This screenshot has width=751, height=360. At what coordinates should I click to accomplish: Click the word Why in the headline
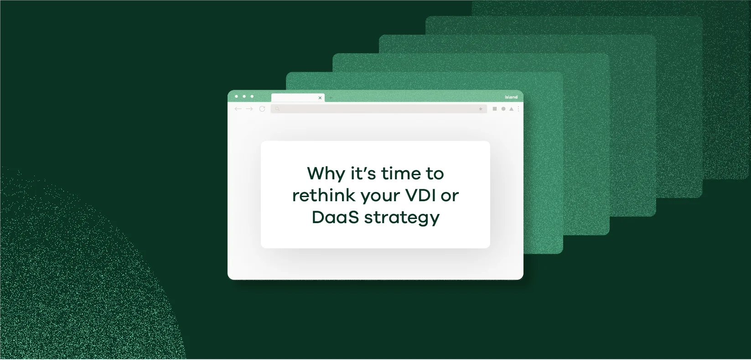click(326, 174)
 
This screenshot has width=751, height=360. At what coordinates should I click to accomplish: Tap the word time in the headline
click(401, 174)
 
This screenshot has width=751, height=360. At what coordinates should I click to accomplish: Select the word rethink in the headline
click(324, 195)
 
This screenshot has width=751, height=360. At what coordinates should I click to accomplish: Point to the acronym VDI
click(420, 195)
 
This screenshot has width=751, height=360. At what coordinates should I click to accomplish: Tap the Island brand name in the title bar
click(511, 97)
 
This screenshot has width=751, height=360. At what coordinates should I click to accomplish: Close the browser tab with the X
click(320, 98)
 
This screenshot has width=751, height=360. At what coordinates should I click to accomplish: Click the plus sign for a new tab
click(331, 98)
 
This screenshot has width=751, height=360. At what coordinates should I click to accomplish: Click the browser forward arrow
click(249, 109)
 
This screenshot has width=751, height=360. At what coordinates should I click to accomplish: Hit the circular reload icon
click(262, 109)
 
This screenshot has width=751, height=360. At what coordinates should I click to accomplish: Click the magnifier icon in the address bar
click(277, 109)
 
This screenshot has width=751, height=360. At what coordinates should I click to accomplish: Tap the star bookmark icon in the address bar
click(481, 109)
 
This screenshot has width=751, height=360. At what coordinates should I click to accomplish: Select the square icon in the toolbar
click(495, 109)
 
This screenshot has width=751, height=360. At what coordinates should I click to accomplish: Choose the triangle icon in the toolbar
click(511, 109)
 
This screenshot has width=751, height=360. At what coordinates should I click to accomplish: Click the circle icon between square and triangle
click(503, 109)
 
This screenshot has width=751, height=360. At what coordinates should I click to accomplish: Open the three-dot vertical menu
click(518, 109)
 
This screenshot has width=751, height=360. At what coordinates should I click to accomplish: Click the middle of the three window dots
click(244, 96)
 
